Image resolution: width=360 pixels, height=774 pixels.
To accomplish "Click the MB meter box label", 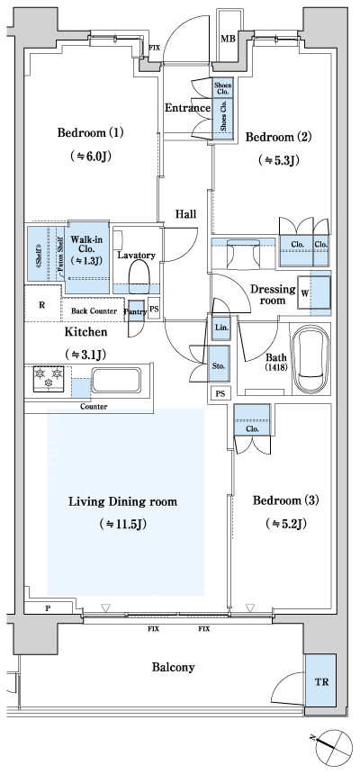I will tap(229, 39).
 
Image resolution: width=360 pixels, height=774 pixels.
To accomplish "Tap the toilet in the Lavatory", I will tap(139, 274).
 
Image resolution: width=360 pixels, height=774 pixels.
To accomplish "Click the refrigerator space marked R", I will tap(42, 304).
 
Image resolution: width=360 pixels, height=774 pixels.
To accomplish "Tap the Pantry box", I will tap(135, 310).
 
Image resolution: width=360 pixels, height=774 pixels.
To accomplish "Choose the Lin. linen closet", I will tap(220, 328).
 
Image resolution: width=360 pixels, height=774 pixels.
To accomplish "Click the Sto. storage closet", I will tap(220, 365).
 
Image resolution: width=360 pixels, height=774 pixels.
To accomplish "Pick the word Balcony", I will tap(173, 667).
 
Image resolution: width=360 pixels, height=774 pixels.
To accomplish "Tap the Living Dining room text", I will tap(123, 501).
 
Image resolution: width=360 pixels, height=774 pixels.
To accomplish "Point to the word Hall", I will tap(186, 213).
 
